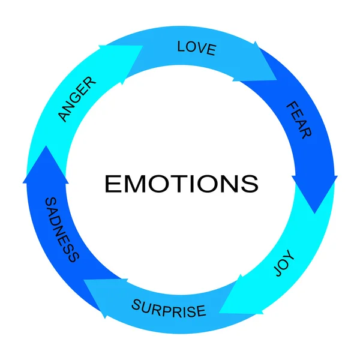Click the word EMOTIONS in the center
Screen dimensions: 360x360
point(181,183)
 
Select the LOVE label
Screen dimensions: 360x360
point(196,47)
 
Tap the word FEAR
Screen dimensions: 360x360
point(298,120)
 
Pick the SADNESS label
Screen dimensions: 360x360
point(62,229)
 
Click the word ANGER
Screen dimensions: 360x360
point(77,99)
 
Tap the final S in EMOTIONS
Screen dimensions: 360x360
point(251,184)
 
